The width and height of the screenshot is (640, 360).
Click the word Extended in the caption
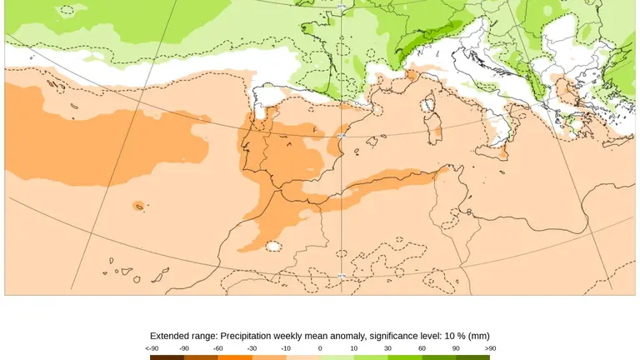tap(172, 336)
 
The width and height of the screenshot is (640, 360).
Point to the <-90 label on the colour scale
tap(151, 348)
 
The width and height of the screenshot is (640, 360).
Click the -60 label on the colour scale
tap(217, 348)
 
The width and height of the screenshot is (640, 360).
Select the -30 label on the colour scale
tap(252, 348)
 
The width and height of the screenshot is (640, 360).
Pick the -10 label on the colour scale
tap(286, 348)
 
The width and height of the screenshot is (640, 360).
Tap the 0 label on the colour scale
tap(320, 348)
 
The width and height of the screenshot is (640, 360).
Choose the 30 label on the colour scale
tap(387, 348)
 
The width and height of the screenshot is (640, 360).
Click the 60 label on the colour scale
tap(422, 348)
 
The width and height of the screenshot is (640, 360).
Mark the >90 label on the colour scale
tap(490, 348)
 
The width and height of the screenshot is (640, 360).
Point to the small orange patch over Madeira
tap(137, 206)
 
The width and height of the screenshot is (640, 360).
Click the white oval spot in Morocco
tap(272, 246)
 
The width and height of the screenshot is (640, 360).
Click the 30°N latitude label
tap(341, 276)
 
